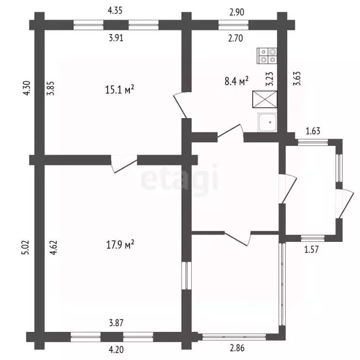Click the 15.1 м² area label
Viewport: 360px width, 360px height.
coord(120,90)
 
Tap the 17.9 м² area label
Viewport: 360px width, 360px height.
coord(120,245)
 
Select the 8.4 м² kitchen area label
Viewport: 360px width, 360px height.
coord(236,81)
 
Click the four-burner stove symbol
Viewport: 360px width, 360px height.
coord(267,56)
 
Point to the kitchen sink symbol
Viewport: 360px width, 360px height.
coord(267,122)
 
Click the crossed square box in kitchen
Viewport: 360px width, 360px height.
coord(265,99)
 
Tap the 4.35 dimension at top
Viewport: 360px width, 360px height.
coord(115,11)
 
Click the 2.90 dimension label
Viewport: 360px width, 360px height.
coord(237,12)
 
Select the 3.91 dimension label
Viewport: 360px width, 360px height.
coord(116,38)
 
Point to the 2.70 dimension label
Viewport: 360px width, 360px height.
coord(236,38)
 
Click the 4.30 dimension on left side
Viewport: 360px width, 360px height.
coord(27,88)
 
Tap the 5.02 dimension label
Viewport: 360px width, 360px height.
coord(26,247)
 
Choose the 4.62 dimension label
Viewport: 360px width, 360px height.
coord(53,247)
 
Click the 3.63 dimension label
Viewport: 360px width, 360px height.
coord(297,79)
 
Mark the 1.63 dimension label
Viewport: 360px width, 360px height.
coord(313,131)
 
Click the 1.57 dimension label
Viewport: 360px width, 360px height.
coord(312,249)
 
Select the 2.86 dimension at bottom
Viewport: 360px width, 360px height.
coord(237,348)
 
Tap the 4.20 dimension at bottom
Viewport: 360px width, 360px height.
coord(116,350)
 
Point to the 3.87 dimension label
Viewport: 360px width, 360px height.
coord(116,323)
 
